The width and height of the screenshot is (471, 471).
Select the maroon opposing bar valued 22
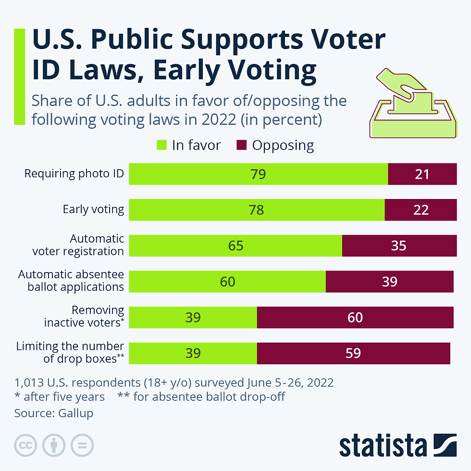click(421, 210)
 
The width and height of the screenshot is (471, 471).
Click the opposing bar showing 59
click(353, 353)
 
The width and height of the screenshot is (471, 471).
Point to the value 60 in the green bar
click(227, 282)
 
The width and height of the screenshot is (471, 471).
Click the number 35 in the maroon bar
click(398, 246)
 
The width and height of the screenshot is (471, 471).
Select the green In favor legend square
click(161, 145)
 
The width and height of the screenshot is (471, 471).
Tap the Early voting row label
click(93, 210)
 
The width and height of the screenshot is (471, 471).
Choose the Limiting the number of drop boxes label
click(70, 352)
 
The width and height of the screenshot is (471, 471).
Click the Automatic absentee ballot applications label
click(71, 281)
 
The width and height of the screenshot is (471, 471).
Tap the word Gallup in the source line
click(76, 413)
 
